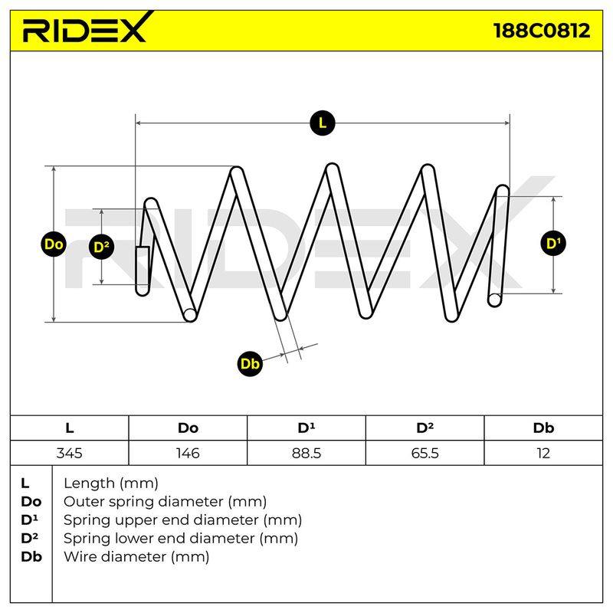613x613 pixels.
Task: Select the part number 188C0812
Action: (x=542, y=30)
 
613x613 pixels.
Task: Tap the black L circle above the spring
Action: (x=322, y=123)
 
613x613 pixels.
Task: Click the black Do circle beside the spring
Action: (x=54, y=244)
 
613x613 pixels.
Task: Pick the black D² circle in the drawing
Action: (x=102, y=247)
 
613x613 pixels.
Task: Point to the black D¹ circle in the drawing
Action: (x=553, y=244)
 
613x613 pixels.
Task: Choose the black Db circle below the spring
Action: (x=250, y=364)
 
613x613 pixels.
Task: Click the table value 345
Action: (x=69, y=453)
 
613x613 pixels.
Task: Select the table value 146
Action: (x=188, y=453)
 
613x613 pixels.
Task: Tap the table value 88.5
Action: (x=306, y=453)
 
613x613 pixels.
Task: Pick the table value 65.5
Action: (x=425, y=453)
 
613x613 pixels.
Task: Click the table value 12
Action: (x=543, y=453)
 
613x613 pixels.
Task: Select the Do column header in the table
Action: (x=188, y=428)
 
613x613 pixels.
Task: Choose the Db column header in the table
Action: (x=543, y=428)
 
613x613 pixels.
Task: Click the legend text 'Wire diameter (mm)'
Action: (x=136, y=556)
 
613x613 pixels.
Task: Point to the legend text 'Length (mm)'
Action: (x=111, y=484)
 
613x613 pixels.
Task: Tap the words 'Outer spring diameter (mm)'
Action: (x=166, y=501)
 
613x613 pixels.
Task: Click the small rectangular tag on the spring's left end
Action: (x=143, y=266)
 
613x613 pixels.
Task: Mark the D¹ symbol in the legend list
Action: (x=30, y=520)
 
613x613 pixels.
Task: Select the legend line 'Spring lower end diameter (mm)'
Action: (x=181, y=539)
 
